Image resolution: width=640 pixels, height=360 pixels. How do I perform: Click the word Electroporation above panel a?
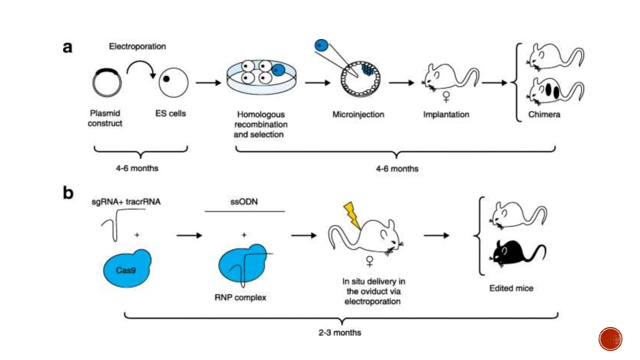pos(137,46)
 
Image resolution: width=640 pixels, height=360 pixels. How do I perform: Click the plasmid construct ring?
pos(107,82)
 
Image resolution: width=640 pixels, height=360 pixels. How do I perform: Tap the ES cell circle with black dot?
pos(173,82)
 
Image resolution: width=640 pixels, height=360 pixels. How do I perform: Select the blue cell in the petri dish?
pos(278,70)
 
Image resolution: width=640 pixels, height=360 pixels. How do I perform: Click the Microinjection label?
pos(358,114)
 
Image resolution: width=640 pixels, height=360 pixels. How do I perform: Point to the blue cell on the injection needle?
pos(321,45)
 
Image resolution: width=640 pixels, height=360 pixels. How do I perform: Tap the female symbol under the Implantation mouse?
pos(446,97)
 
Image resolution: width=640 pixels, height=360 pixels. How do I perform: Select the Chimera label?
pos(544,114)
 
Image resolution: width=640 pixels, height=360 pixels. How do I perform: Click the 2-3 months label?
pos(340,332)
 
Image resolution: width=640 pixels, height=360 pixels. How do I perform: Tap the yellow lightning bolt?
pos(352,214)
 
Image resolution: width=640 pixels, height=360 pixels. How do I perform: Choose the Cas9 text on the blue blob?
pos(126,270)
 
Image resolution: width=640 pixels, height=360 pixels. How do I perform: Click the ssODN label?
pos(244,202)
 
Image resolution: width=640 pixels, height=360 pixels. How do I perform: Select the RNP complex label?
pos(240,297)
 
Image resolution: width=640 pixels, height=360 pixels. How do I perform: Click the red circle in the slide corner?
pos(610,339)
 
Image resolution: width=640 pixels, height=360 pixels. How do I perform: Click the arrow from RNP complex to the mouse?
pos(303,235)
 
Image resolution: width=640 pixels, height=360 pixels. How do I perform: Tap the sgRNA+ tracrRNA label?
pos(126,202)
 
